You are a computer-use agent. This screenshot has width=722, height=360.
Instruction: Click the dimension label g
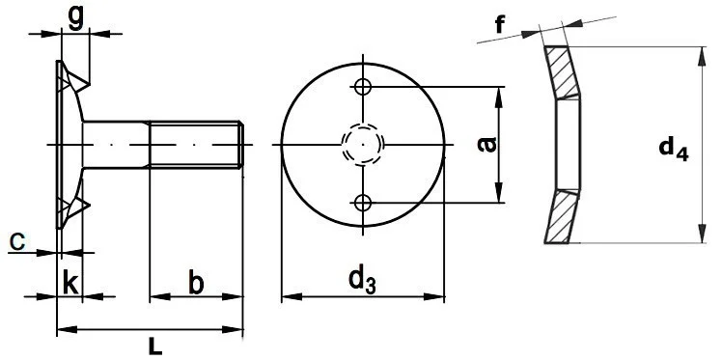pos(75,19)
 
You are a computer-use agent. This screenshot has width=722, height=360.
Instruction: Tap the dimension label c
pos(17,241)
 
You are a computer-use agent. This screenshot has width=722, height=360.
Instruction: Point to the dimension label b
pos(196,283)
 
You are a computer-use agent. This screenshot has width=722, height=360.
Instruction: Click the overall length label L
pos(155,346)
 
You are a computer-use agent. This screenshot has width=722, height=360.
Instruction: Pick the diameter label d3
pos(362,279)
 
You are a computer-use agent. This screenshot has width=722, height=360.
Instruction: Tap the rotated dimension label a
pos(487,144)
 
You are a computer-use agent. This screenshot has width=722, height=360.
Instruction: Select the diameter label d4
pos(673,149)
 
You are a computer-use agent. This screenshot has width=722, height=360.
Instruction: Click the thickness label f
pos(501,24)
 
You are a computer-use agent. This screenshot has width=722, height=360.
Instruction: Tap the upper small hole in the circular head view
pos(363,87)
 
